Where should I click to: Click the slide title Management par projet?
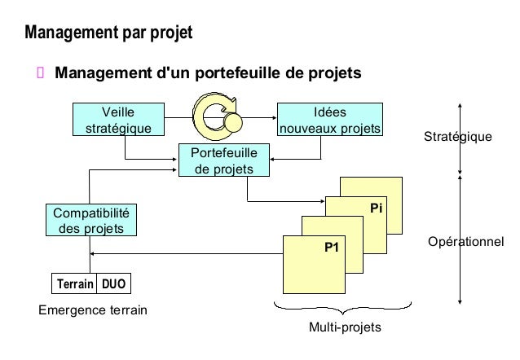pyautogui.click(x=108, y=34)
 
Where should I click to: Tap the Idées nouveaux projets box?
pyautogui.click(x=329, y=120)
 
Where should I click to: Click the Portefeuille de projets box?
pyautogui.click(x=223, y=160)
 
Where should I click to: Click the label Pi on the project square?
pyautogui.click(x=375, y=209)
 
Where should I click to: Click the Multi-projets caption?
pyautogui.click(x=344, y=327)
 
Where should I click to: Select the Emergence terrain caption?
pyautogui.click(x=88, y=310)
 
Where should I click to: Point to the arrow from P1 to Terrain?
pyautogui.click(x=187, y=254)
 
